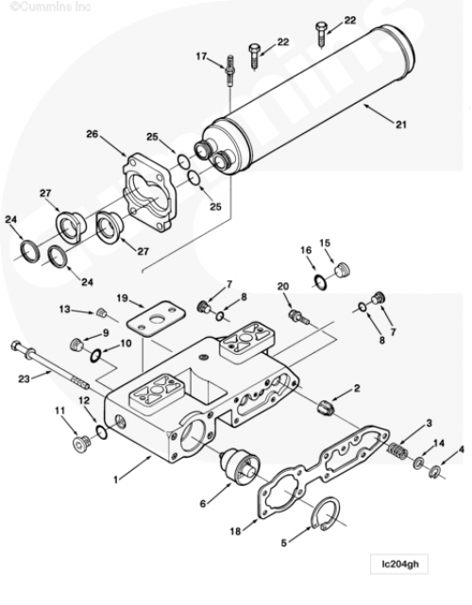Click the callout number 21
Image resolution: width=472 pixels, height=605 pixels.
401,125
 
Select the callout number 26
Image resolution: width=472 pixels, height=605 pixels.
93,134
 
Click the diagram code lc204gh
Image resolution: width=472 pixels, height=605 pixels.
400,564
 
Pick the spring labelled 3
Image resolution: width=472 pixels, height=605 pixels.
397,451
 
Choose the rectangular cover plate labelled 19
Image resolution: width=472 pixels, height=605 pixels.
156,317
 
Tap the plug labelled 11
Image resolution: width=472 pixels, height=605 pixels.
81,445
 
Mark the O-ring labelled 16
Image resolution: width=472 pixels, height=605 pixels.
320,281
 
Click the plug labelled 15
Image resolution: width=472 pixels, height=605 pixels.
342,270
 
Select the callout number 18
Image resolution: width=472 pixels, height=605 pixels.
235,531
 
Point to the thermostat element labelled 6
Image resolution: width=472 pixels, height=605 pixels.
239,466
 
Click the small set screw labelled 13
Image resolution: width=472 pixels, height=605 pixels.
102,312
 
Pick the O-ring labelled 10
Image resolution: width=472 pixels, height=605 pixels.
95,356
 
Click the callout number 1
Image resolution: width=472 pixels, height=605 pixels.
116,479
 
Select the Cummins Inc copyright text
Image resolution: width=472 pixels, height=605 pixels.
50,7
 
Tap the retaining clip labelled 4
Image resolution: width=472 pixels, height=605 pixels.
434,472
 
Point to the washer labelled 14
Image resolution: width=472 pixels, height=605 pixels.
418,462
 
